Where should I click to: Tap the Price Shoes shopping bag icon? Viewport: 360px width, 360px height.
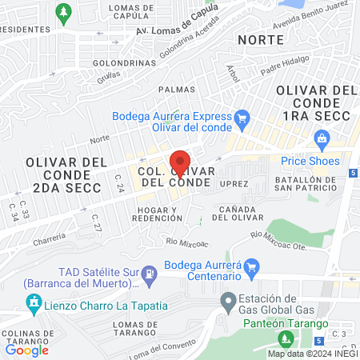click(322, 140)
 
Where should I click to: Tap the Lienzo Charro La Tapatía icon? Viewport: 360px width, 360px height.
click(33, 305)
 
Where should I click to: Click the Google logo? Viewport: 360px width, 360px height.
click(26, 350)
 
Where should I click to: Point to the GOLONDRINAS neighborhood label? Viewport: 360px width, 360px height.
click(100, 62)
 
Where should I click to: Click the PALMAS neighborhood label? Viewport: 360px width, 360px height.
click(177, 90)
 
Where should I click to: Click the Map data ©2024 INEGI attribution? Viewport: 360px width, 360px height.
click(312, 354)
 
